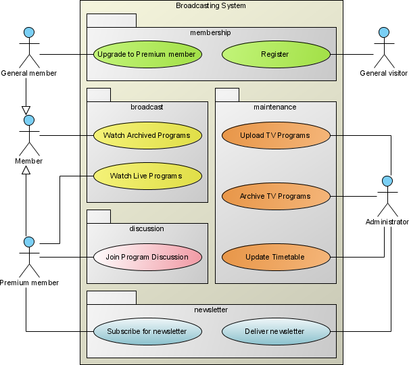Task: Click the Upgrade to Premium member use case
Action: [x=147, y=54]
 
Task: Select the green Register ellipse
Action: [x=275, y=54]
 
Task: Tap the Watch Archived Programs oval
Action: [x=147, y=135]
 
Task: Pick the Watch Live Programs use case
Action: [x=147, y=176]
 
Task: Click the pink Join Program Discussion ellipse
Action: [x=147, y=257]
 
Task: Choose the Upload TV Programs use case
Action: [x=275, y=135]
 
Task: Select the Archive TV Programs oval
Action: [x=275, y=196]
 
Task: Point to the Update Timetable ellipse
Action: [x=275, y=257]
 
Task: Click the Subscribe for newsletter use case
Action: [x=147, y=331]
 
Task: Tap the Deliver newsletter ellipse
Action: [x=275, y=331]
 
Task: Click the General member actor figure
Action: [x=28, y=47]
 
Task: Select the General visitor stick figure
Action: [x=384, y=47]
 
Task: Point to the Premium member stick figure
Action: [x=28, y=257]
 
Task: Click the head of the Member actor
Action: [x=28, y=120]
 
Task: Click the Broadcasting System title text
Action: [x=211, y=6]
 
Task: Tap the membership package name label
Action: [x=210, y=32]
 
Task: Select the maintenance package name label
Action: [x=274, y=107]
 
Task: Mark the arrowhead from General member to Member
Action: [x=26, y=109]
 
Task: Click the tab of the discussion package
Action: [x=99, y=216]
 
